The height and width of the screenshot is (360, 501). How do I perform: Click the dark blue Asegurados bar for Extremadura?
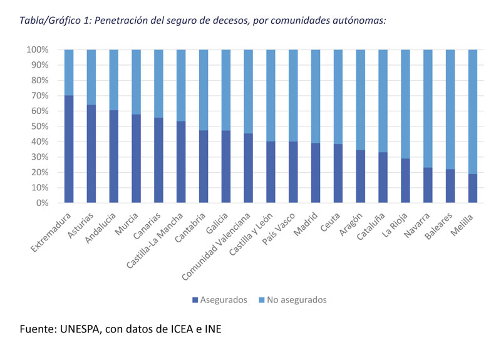69,149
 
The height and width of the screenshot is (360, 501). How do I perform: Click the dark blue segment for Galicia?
227,167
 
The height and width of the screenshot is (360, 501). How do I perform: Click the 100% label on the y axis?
37,49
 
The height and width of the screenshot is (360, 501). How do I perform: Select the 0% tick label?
41,203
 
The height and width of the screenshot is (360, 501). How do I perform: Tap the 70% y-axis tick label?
39,96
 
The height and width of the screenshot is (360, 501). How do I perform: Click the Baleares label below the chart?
440,224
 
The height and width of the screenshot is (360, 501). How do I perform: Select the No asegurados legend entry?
291,300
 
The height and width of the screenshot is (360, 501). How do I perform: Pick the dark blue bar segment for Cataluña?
384,178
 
